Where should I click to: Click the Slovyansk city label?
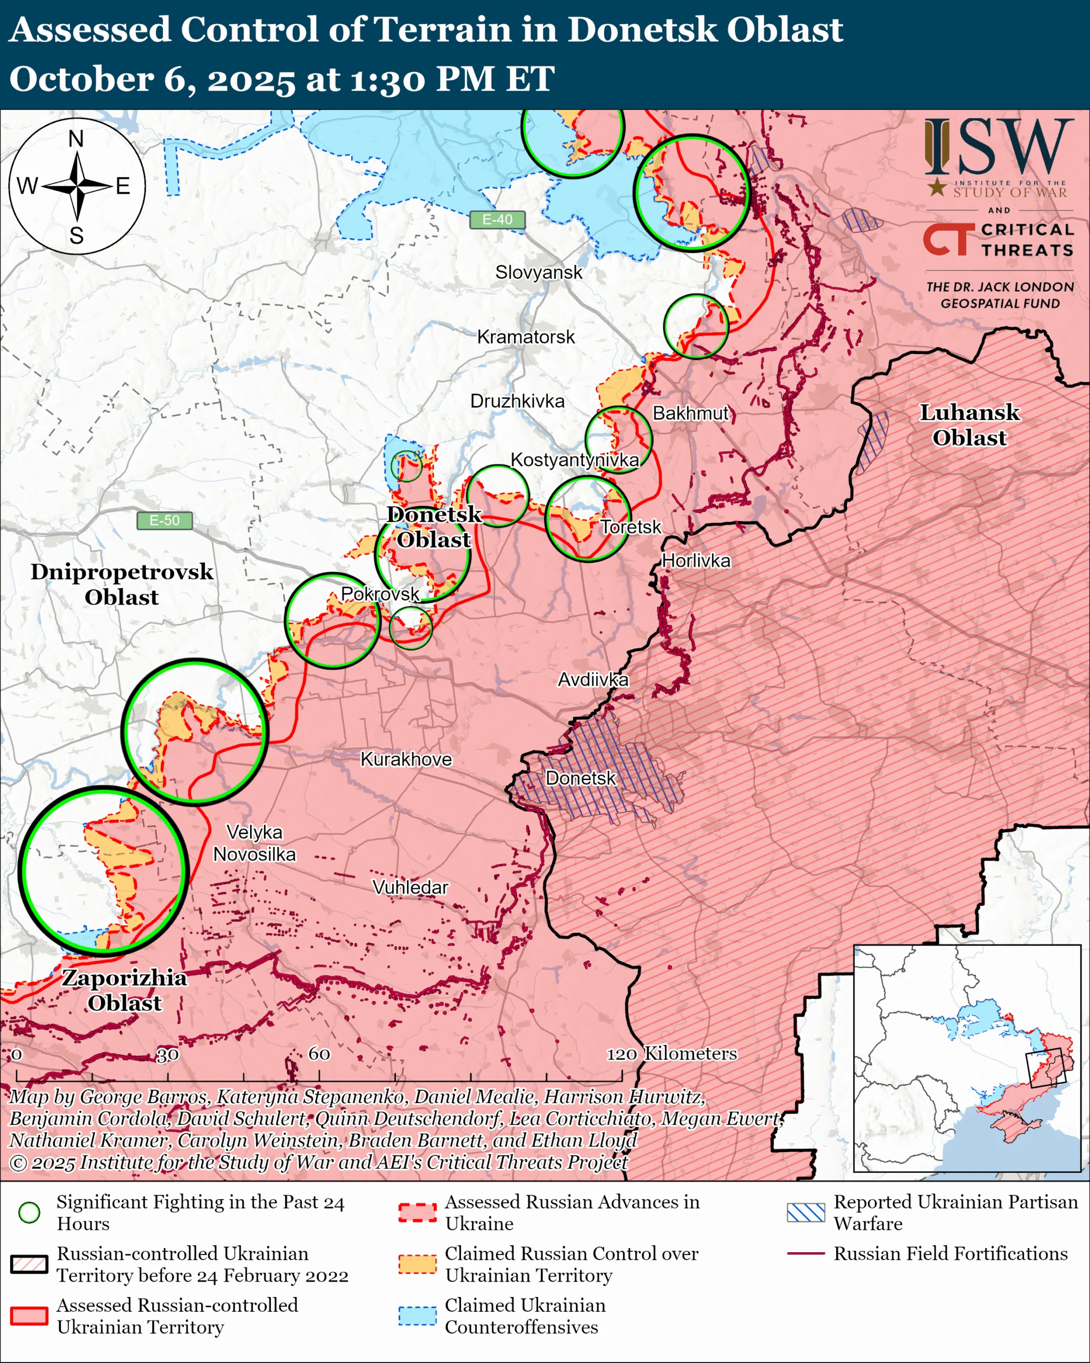point(539,273)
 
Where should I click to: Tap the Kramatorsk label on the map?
point(526,337)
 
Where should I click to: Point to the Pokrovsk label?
point(380,594)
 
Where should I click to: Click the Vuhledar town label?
point(410,888)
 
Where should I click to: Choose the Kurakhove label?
point(406,759)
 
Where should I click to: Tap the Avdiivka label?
point(593,679)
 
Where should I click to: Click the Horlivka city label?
point(696,561)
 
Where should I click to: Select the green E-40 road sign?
point(497,219)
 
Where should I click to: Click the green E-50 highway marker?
point(164,520)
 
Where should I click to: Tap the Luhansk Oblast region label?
point(969,425)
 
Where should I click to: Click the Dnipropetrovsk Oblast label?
point(122,584)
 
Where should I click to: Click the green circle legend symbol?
point(29,1212)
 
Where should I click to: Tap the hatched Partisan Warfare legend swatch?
point(806,1212)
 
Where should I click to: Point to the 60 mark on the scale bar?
point(319,1053)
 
